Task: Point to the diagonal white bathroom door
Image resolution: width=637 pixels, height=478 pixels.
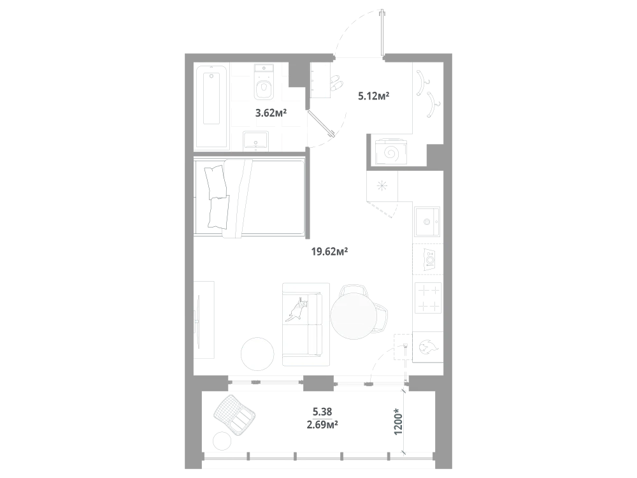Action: point(322,124)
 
